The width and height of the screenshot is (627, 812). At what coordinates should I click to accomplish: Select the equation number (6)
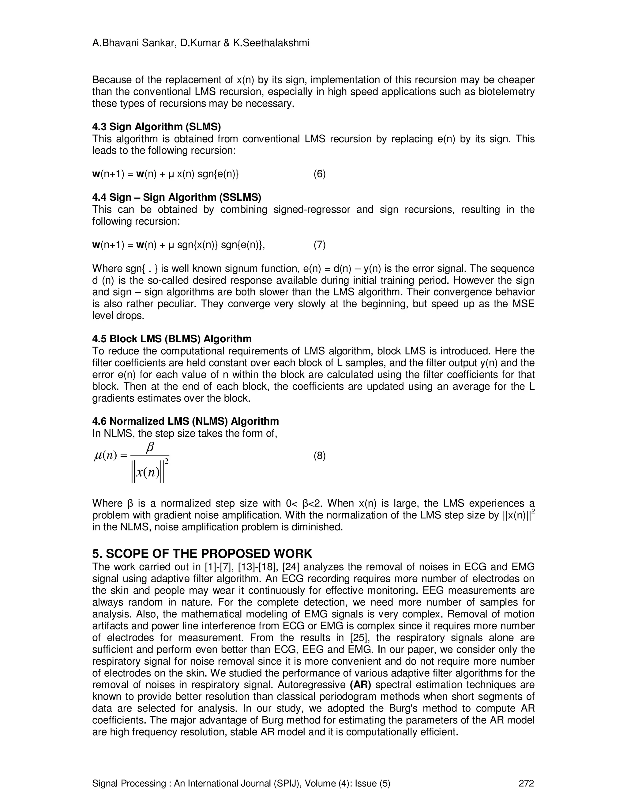click(319, 174)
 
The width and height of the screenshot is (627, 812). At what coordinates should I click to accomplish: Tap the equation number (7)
click(319, 245)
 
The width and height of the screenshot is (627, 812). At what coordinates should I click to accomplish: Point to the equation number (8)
click(319, 456)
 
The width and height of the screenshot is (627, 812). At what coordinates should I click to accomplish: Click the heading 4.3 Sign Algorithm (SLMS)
click(156, 127)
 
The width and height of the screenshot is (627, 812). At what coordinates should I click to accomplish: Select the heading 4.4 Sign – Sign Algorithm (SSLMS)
click(176, 197)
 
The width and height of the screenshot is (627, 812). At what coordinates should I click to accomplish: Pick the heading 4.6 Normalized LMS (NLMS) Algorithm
click(185, 421)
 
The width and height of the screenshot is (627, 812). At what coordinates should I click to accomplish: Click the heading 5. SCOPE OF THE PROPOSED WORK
click(202, 554)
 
